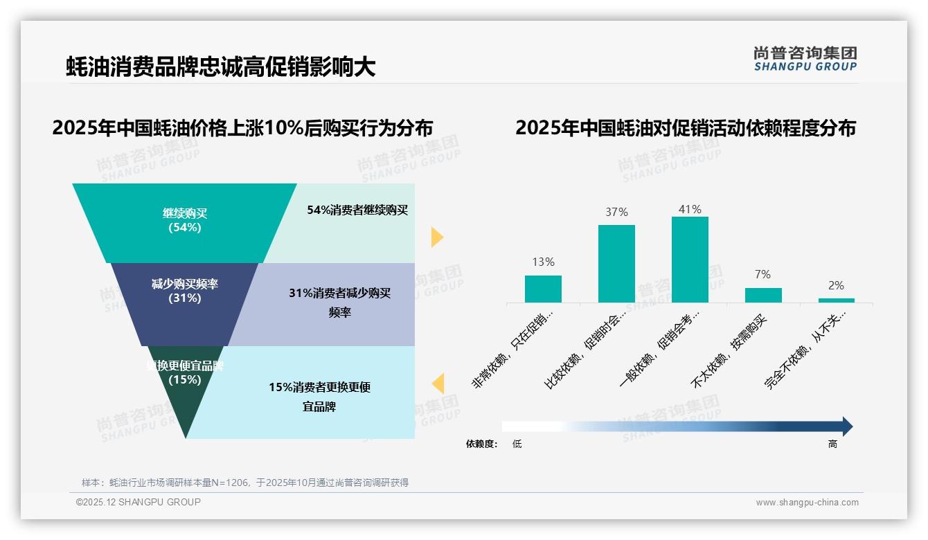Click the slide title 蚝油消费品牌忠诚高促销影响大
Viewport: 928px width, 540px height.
[220, 67]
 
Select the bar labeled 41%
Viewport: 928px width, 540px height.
[690, 260]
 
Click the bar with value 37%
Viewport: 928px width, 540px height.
[616, 264]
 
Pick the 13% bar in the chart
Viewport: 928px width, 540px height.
[543, 289]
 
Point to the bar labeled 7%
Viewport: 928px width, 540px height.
[763, 295]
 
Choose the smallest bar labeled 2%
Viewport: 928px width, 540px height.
[836, 300]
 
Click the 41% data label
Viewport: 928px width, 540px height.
[690, 209]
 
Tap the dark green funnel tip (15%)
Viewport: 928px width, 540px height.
[184, 402]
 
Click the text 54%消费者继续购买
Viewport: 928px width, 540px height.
[357, 210]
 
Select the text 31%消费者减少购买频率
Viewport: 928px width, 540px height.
[340, 303]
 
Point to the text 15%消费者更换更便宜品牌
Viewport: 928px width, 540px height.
[320, 397]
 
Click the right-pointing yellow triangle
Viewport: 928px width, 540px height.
[436, 237]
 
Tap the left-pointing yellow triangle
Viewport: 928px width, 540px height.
[438, 384]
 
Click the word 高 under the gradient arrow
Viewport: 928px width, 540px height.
[832, 444]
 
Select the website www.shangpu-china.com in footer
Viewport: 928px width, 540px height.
[807, 503]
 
